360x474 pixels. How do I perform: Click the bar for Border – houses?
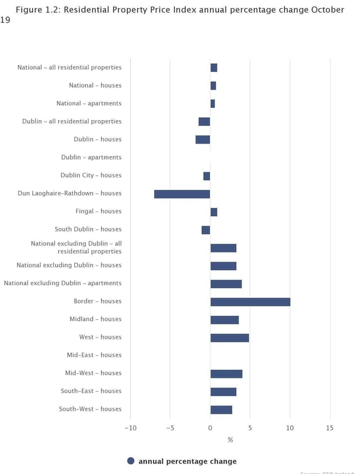250,302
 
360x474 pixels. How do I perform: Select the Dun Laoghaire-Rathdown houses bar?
182,194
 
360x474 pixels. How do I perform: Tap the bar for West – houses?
230,337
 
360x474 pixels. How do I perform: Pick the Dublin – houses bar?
203,139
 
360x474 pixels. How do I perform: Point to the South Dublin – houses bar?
206,230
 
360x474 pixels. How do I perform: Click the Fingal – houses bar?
214,212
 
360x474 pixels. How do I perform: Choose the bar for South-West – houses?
221,410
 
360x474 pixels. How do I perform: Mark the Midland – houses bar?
225,320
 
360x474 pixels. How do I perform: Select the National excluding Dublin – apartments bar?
226,284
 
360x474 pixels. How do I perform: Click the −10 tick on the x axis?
130,428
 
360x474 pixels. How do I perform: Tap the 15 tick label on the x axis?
330,428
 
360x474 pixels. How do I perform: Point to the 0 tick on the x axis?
210,428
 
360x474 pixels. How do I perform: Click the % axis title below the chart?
230,439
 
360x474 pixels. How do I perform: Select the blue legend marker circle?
131,461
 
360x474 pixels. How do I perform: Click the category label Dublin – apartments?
91,158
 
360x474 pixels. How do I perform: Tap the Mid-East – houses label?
94,355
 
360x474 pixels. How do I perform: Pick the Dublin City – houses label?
91,176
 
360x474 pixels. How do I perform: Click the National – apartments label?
89,104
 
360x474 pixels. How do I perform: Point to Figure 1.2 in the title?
36,10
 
